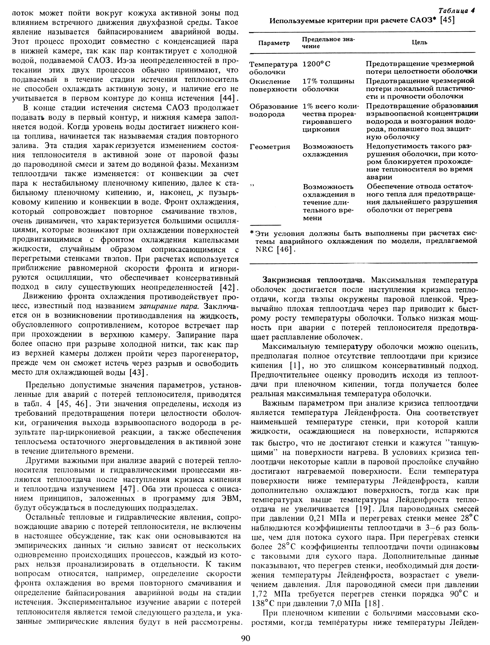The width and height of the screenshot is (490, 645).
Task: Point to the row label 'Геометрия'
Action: tap(270, 147)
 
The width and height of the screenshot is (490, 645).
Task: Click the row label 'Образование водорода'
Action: tap(274, 110)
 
